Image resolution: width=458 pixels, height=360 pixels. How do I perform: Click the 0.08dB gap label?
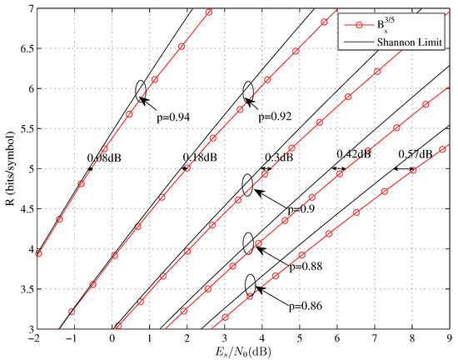[104, 156]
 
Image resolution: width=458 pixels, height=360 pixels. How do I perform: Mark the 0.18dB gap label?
[199, 156]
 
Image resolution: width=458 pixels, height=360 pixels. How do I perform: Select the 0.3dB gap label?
[280, 157]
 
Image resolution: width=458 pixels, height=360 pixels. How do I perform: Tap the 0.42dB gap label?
[352, 154]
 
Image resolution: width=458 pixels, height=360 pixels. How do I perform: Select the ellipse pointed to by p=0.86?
[251, 284]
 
